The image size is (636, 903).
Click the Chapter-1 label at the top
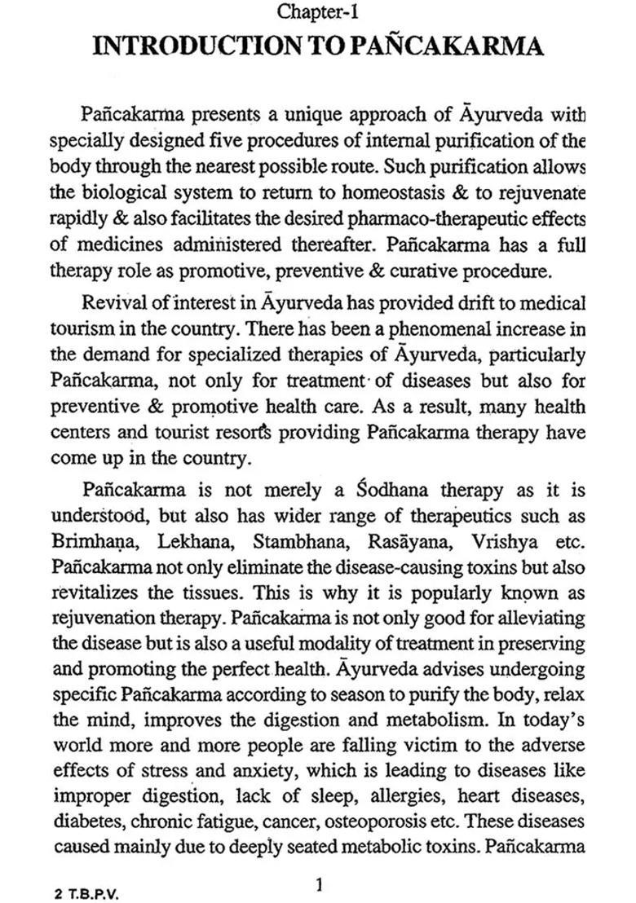click(x=319, y=12)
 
